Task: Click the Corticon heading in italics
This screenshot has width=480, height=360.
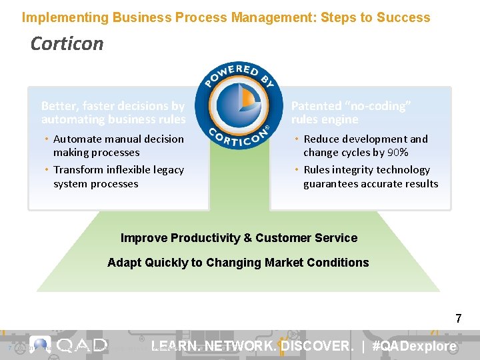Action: click(67, 44)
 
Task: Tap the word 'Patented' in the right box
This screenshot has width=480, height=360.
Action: click(317, 106)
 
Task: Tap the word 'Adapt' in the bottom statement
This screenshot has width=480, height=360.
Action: click(123, 263)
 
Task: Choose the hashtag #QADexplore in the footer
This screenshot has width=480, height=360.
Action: click(415, 346)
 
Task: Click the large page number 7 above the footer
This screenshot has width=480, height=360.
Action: click(458, 319)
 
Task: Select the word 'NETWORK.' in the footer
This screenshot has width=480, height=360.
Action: click(239, 346)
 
